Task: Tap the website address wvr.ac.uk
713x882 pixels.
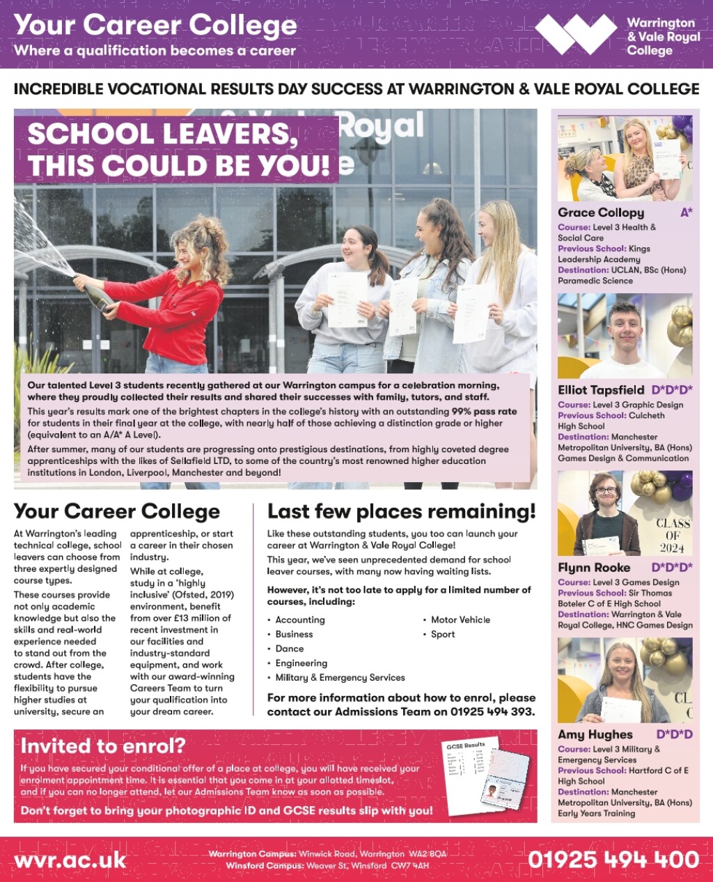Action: (70, 859)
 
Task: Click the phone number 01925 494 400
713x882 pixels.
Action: (613, 859)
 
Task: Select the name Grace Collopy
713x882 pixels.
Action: (601, 212)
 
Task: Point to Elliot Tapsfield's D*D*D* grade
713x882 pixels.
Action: (672, 390)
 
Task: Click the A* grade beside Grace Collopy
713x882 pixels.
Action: (686, 212)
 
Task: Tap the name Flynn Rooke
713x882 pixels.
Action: (594, 568)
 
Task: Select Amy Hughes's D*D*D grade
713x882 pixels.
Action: (674, 734)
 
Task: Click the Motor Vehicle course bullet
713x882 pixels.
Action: (460, 619)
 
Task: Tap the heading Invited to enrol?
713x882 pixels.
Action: (103, 745)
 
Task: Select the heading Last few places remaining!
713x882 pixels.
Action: (402, 511)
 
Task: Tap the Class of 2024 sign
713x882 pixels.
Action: (673, 535)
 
